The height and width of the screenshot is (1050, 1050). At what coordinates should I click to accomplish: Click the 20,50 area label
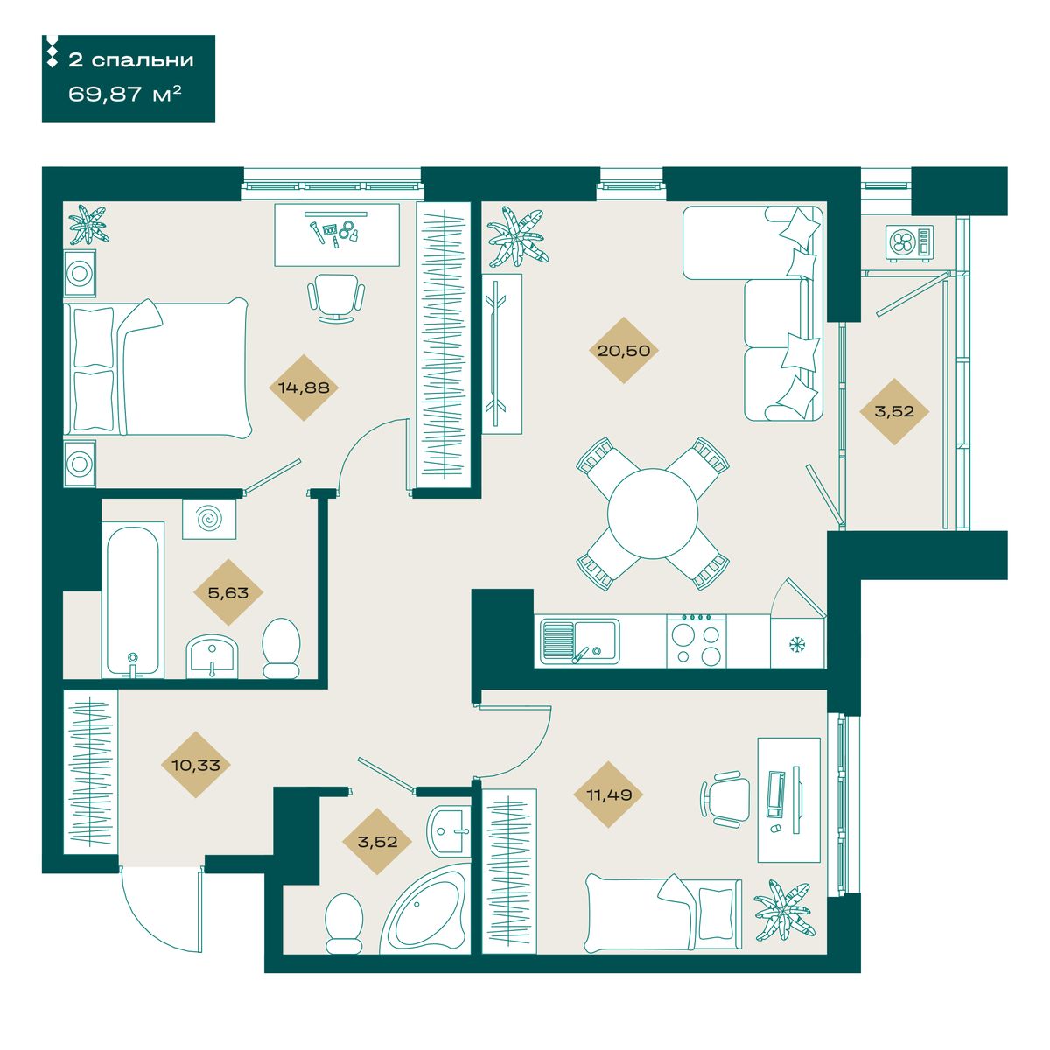coord(624,350)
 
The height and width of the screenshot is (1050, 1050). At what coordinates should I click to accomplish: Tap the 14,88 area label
coord(304,388)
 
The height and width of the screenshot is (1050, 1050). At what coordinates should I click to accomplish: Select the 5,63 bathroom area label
coord(228,592)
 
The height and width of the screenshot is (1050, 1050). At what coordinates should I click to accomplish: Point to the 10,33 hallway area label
coord(196,765)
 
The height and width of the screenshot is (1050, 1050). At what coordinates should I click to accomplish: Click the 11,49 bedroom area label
coord(609,794)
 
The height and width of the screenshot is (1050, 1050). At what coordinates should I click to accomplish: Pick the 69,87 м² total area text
coord(125,94)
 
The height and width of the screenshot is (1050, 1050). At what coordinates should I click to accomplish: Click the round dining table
coord(653,514)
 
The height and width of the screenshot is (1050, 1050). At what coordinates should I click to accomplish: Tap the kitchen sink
coord(580,642)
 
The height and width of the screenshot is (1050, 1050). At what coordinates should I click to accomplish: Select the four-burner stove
coord(696,640)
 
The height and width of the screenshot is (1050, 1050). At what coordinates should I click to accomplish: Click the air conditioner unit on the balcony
coord(909,243)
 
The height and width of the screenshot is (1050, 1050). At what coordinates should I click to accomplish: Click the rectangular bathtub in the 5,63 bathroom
coord(133,600)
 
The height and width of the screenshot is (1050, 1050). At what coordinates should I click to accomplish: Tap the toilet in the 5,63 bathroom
coord(281,648)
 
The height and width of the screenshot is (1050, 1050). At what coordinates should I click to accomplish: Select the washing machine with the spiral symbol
coord(209,519)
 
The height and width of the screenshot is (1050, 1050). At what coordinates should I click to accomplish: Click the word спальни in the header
coord(143,60)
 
